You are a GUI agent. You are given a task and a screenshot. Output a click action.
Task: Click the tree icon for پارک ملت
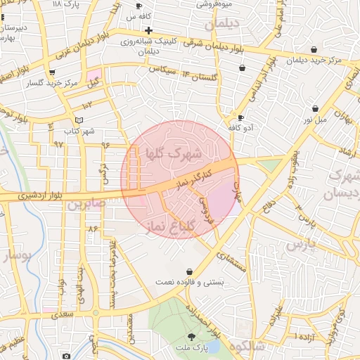tap(192, 338)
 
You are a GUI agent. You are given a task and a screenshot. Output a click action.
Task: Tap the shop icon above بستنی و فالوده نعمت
tap(189, 271)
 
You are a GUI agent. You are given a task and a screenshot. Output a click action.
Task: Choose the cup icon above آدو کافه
tap(240, 118)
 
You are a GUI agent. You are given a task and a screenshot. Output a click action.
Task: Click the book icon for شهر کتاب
tap(79, 120)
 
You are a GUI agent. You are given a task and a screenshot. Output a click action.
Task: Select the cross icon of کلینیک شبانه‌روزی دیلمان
tap(148, 31)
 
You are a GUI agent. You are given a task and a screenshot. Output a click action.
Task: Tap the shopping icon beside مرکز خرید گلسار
tap(52, 72)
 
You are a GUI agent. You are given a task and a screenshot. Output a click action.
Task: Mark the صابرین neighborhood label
tap(86, 205)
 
